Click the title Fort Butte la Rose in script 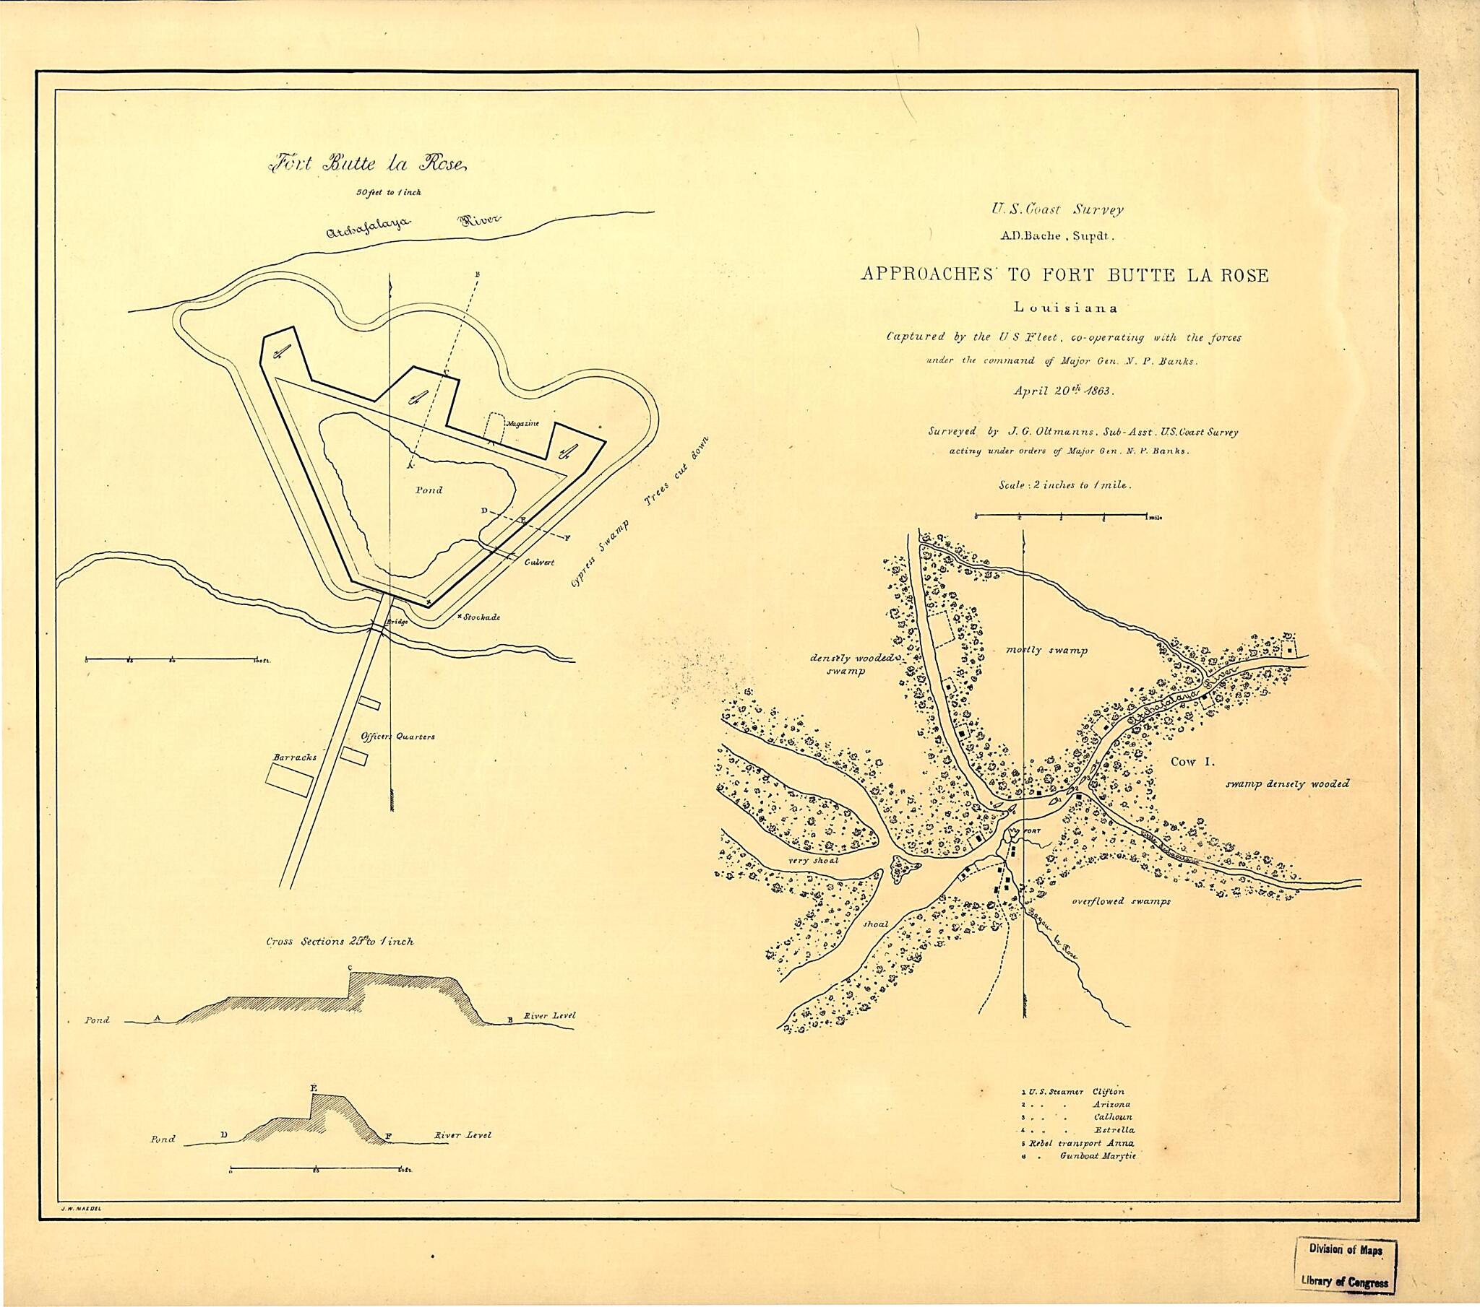368,165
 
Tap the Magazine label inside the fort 521,423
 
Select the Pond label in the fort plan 429,490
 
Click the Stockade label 481,617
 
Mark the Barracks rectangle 289,781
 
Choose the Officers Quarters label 397,737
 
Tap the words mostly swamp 1047,650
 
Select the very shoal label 813,861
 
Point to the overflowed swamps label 1121,901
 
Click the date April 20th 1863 1064,390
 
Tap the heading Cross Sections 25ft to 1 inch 340,942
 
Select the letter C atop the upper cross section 350,968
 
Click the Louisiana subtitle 1065,308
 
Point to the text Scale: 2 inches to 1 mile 1064,485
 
